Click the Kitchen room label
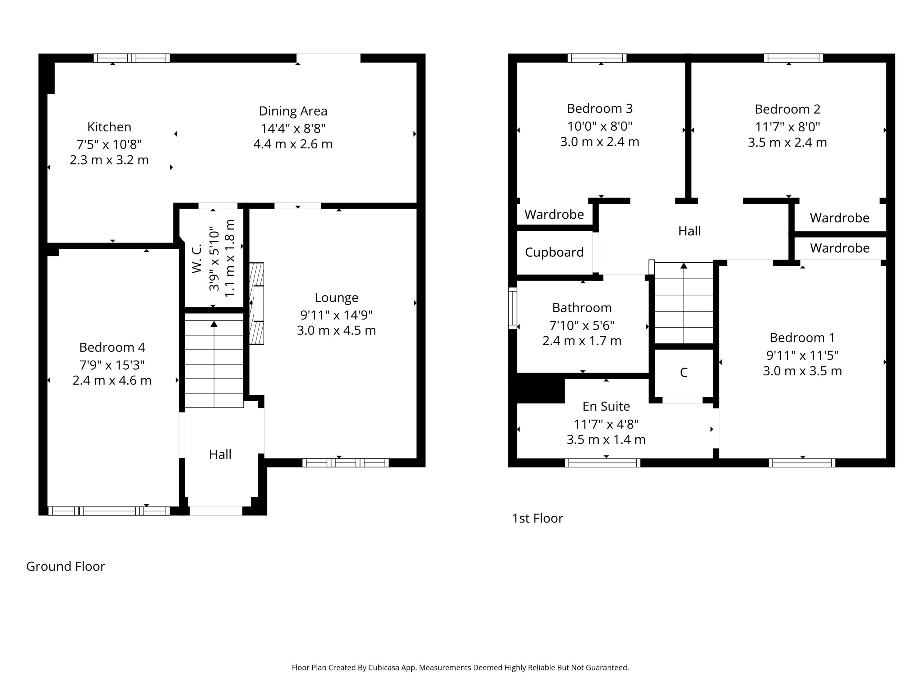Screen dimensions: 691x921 coord(109,127)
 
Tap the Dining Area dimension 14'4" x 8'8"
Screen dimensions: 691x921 coord(293,128)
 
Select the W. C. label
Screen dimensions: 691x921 coord(196,258)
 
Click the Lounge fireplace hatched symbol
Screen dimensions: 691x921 coord(257,303)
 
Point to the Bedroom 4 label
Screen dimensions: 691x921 coord(112,347)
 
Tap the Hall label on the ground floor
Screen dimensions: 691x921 coord(220,454)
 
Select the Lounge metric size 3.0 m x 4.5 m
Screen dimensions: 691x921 coord(336,330)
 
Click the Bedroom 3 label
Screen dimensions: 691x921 coord(600,108)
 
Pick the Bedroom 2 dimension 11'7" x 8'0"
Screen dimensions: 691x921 coord(787,126)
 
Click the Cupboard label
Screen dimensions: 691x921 coord(554,252)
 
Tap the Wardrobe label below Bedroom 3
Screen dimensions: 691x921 coord(554,214)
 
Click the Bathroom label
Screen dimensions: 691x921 coord(582,307)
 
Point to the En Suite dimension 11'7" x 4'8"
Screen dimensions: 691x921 coord(606,424)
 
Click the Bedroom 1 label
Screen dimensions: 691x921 coord(802,337)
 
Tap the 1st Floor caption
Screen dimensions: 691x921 coord(537,518)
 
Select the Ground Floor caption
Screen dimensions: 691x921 coord(65,566)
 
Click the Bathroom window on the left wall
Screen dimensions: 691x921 coord(513,308)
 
